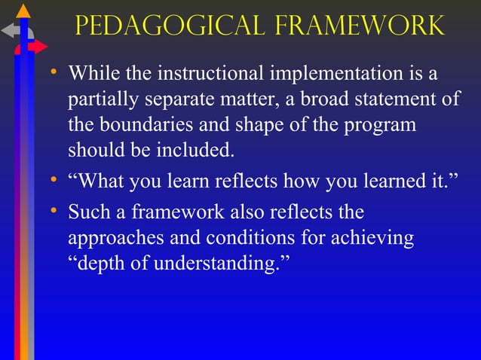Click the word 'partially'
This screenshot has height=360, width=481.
(98, 100)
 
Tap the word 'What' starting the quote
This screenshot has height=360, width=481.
(103, 182)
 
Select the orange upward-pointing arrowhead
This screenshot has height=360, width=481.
(24, 11)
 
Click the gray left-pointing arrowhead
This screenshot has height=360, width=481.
(8, 31)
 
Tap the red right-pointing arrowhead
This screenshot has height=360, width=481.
(39, 47)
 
